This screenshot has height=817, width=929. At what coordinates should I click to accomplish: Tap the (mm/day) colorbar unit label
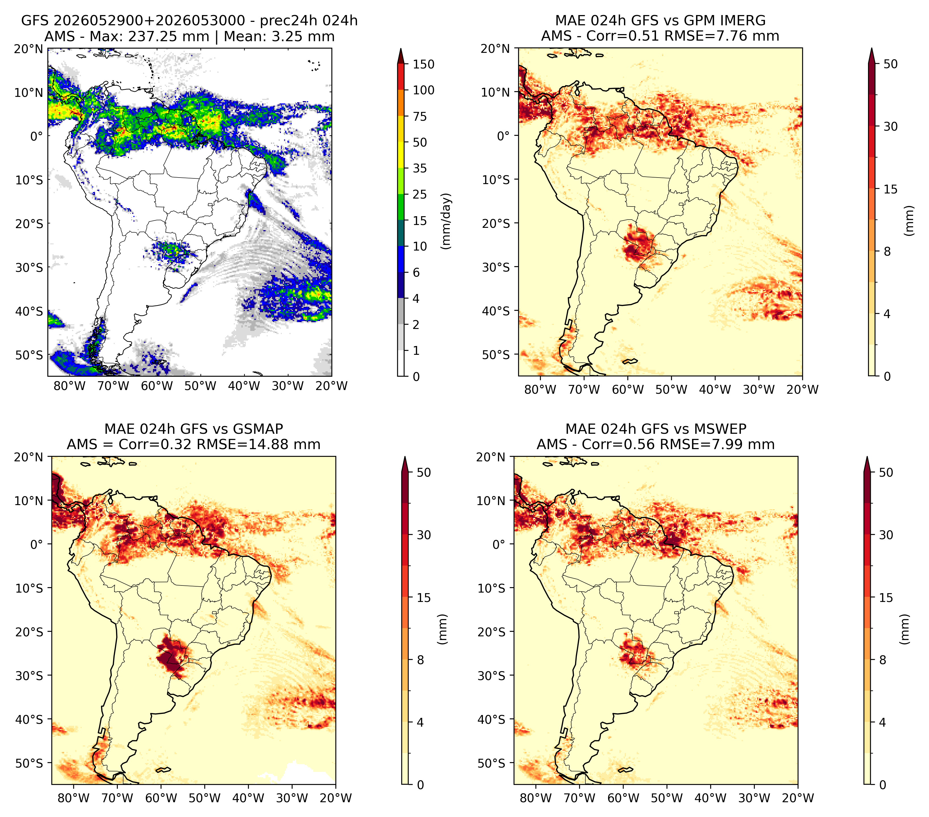coord(447,221)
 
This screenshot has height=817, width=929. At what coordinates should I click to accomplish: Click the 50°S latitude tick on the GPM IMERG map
coord(496,354)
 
